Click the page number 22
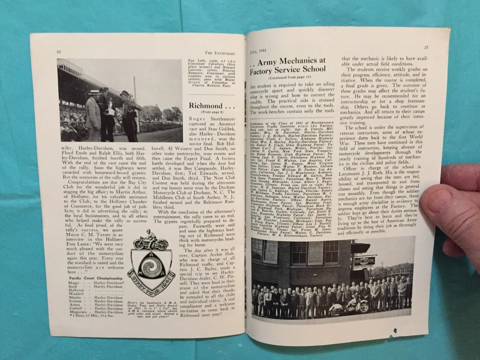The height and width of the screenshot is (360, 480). pos(58,52)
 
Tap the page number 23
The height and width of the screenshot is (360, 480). pos(426,47)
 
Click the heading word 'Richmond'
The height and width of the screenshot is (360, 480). pos(204,106)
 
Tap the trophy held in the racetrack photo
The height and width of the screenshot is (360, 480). pos(111,108)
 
